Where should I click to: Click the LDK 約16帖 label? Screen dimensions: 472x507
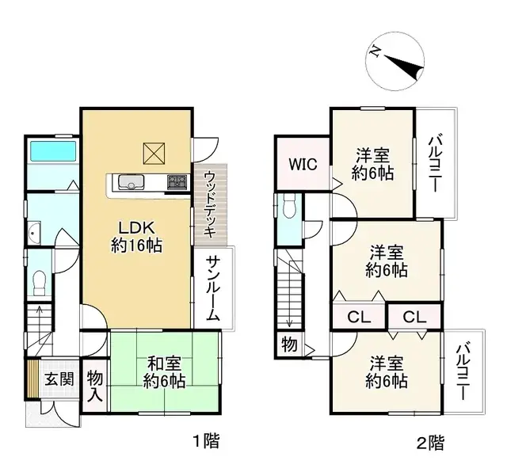pyautogui.click(x=136, y=235)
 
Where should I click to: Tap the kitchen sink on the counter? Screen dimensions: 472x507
pyautogui.click(x=128, y=183)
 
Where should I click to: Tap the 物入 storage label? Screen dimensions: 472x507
pyautogui.click(x=95, y=385)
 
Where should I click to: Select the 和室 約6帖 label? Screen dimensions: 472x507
pyautogui.click(x=165, y=372)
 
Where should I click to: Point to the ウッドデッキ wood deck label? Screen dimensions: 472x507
pyautogui.click(x=210, y=204)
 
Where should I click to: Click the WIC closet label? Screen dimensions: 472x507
pyautogui.click(x=302, y=165)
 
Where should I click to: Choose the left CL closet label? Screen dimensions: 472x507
pyautogui.click(x=359, y=318)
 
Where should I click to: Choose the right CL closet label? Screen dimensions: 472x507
pyautogui.click(x=414, y=318)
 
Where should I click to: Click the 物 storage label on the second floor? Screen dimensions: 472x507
pyautogui.click(x=288, y=344)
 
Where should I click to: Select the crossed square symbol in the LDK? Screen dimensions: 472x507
pyautogui.click(x=153, y=151)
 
